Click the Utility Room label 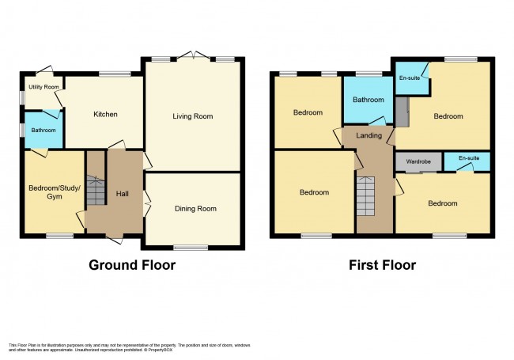click(x=44, y=86)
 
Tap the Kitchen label click(x=105, y=114)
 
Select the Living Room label click(x=193, y=116)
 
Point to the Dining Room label click(x=195, y=209)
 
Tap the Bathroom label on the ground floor click(x=43, y=130)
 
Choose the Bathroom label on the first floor click(x=368, y=100)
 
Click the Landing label click(x=370, y=135)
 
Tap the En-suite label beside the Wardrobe click(x=467, y=158)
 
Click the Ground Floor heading click(x=132, y=265)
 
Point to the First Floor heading click(x=382, y=265)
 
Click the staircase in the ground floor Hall click(x=95, y=191)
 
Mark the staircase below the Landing click(x=366, y=196)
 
